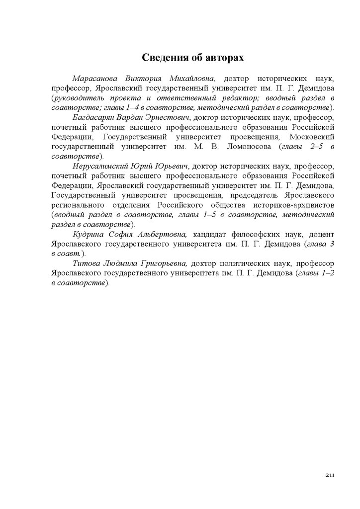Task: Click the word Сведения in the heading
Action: pos(164,58)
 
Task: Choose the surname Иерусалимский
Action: pos(99,166)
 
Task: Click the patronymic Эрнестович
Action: pos(166,117)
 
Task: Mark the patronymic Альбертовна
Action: pos(162,234)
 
